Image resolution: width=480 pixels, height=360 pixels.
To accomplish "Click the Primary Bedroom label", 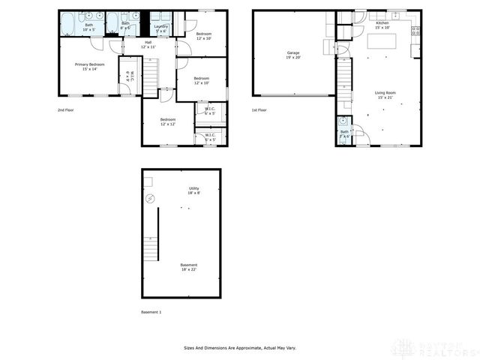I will [89, 67].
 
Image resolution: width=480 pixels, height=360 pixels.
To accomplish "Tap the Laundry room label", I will [160, 28].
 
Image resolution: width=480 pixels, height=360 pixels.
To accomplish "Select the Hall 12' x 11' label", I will [148, 44].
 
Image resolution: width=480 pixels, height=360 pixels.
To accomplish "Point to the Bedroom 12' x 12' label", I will [168, 121].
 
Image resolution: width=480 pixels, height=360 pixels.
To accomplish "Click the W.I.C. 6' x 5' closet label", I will [209, 111].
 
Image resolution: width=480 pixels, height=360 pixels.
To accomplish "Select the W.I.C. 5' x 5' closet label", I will [209, 137].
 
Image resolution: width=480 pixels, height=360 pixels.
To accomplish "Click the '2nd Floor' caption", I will [66, 110].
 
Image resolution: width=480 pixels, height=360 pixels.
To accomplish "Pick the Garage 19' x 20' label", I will [292, 55].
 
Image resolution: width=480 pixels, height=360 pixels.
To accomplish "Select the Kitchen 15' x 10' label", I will [382, 25].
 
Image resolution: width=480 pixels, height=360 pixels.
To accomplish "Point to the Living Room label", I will [385, 94].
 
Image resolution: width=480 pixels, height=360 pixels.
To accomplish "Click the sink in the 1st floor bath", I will [342, 121].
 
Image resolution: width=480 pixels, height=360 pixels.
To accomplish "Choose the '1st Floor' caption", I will [259, 110].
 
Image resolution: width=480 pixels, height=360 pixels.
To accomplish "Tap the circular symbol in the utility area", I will [150, 199].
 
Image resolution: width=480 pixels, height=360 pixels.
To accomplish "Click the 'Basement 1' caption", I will [151, 312].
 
